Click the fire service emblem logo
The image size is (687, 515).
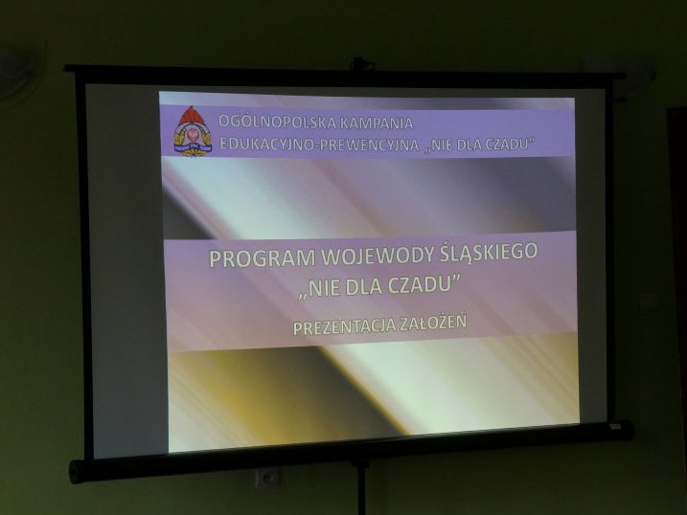[x=193, y=131]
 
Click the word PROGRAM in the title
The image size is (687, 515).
[x=262, y=258]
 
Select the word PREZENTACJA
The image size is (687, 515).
[x=344, y=326]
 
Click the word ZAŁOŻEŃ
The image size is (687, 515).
[x=433, y=324]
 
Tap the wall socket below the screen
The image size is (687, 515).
[x=266, y=479]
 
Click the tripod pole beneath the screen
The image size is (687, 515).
[x=362, y=489]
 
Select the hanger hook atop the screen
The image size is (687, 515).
[x=362, y=64]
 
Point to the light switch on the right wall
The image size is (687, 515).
[x=648, y=302]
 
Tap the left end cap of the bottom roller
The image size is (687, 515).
[x=76, y=471]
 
